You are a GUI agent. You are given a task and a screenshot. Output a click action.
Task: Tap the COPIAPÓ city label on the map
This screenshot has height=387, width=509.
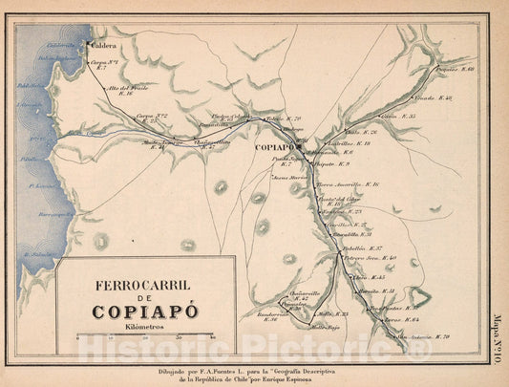(275, 148)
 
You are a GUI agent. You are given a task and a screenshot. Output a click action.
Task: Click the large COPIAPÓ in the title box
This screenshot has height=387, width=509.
(144, 311)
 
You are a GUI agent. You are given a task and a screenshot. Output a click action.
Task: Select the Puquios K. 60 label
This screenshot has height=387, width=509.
(455, 70)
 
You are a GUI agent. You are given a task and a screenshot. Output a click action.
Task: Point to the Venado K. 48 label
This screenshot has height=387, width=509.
(433, 98)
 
